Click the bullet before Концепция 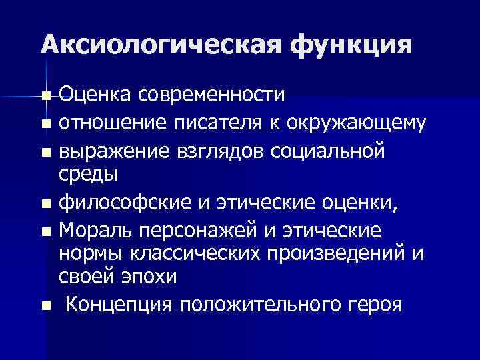(45, 306)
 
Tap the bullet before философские (45, 203)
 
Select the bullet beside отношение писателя (45, 124)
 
